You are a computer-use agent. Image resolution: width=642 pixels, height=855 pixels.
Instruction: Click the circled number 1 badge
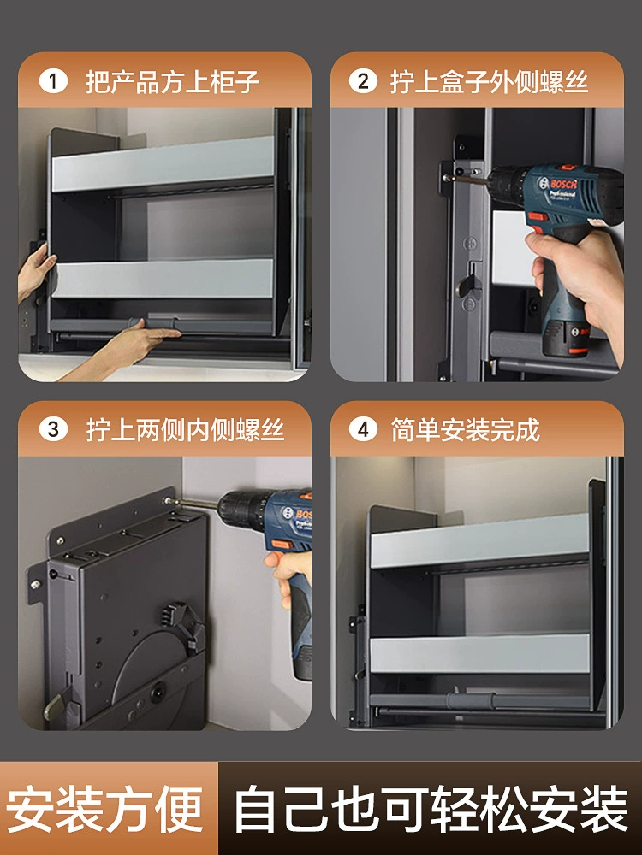click(x=53, y=82)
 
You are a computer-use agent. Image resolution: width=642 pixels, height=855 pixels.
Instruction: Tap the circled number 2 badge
click(x=364, y=82)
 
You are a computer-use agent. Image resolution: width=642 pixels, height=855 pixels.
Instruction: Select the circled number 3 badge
click(x=53, y=430)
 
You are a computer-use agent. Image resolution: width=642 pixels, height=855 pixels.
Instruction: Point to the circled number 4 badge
click(x=364, y=430)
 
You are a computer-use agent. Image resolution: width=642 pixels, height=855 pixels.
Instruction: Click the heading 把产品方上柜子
click(x=173, y=82)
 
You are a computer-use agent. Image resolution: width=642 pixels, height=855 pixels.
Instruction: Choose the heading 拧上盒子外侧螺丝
click(x=489, y=82)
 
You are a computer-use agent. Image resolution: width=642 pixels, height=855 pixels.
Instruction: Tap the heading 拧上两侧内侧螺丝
click(x=185, y=430)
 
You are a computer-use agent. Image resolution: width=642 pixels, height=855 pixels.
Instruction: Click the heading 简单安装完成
click(x=465, y=430)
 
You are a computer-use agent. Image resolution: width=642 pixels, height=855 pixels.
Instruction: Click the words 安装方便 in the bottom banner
click(x=104, y=809)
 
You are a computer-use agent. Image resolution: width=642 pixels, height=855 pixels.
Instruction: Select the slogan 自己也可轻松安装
click(x=431, y=809)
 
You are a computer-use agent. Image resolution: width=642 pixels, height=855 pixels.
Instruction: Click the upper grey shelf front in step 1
click(x=163, y=163)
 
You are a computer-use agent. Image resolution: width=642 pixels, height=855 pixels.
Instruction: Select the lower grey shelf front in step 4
click(x=480, y=654)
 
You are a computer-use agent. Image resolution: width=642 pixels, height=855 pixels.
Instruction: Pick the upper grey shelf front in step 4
click(x=480, y=541)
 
